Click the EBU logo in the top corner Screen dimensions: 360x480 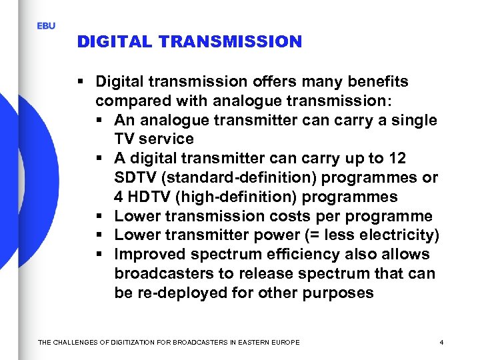point(46,26)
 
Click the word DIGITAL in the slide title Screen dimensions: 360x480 point(114,42)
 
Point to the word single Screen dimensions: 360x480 point(414,121)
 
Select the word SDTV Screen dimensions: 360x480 point(134,178)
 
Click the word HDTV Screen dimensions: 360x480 point(145,197)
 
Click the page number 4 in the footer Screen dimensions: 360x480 point(441,343)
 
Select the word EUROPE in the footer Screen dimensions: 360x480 point(285,343)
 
